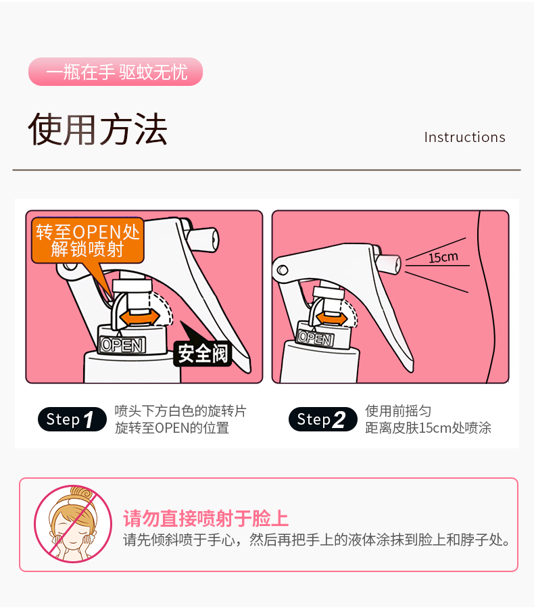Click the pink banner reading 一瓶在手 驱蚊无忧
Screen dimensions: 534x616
[x=116, y=72]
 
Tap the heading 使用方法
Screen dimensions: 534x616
[x=98, y=129]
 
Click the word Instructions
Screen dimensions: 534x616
[x=464, y=137]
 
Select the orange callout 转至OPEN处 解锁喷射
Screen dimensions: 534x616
[x=88, y=241]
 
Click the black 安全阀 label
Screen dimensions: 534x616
[x=203, y=354]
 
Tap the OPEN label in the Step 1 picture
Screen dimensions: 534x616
[x=122, y=345]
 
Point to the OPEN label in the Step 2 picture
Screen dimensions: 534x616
[x=315, y=338]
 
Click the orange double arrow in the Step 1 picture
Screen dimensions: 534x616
[x=140, y=316]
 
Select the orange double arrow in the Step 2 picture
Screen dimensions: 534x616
[x=332, y=317]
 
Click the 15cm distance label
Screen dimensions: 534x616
[x=443, y=258]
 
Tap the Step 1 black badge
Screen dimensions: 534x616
[x=72, y=419]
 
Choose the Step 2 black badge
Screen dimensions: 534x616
[x=322, y=419]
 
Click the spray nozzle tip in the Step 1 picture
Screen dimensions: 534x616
[x=213, y=239]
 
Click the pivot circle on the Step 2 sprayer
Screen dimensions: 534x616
[x=283, y=270]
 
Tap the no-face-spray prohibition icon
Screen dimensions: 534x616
[x=73, y=523]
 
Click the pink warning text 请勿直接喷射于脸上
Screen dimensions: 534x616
[x=206, y=518]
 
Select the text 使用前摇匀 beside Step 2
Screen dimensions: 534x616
[x=398, y=411]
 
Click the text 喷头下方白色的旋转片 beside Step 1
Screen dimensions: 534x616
[x=180, y=411]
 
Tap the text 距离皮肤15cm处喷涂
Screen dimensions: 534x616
[x=429, y=428]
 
